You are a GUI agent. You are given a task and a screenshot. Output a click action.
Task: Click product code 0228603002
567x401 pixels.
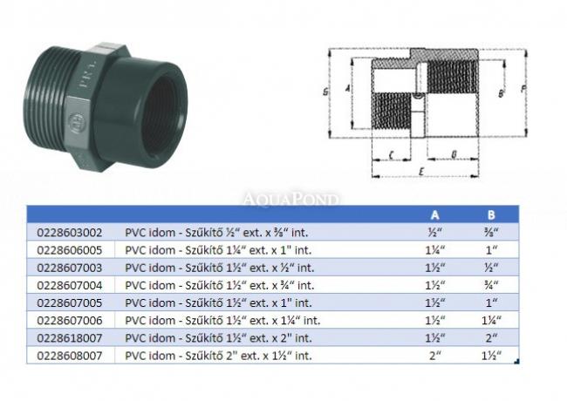tap(70, 232)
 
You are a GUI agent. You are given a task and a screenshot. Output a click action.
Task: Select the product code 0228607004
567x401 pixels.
tap(70, 285)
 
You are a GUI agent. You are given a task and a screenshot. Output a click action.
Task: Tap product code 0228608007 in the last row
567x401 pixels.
tap(70, 356)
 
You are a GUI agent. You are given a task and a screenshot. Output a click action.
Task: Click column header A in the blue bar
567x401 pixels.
tap(435, 215)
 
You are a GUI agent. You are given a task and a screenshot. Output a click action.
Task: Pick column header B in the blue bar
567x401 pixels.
tap(491, 215)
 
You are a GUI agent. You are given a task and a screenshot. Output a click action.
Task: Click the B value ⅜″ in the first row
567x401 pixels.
tap(491, 232)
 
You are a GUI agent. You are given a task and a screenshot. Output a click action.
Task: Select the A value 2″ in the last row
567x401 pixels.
tap(435, 356)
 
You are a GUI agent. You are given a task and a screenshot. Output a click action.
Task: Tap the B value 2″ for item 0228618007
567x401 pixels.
tap(491, 338)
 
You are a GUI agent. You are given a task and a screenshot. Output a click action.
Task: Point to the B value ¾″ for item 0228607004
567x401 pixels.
tap(491, 285)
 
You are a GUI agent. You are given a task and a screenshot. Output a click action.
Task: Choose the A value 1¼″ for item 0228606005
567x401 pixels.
tap(435, 250)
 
